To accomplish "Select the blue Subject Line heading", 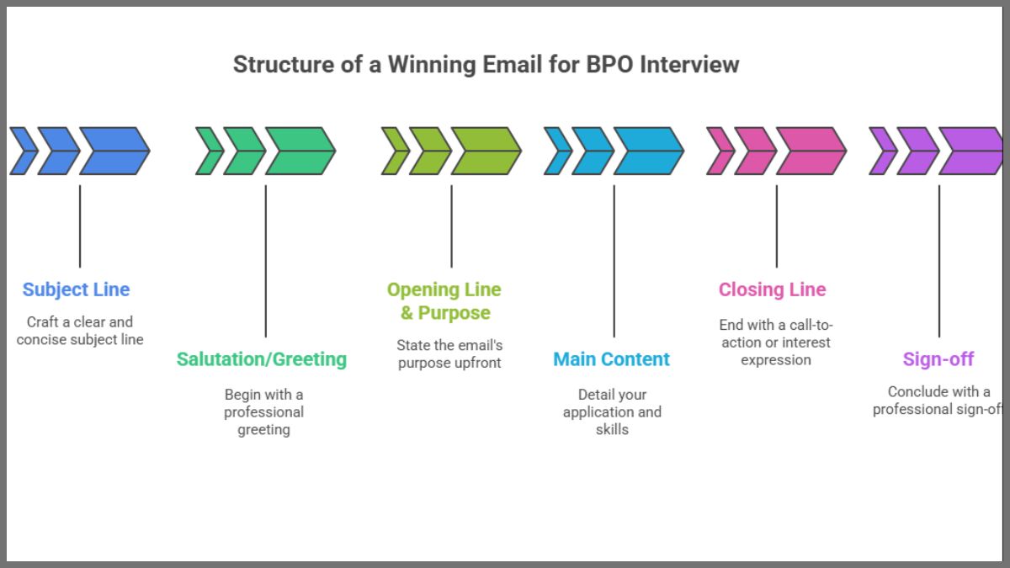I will (77, 289).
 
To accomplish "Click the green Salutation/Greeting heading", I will (262, 359).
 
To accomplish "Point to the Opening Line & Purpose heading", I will (444, 301).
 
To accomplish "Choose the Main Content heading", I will (612, 359).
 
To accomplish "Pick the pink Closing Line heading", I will (773, 289).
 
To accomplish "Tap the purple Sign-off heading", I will (938, 359).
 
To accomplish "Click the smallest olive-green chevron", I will (392, 151).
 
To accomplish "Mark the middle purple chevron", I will (916, 151).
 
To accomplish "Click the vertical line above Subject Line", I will (80, 226).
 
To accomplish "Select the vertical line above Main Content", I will (614, 261).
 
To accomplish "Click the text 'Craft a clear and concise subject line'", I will (80, 331).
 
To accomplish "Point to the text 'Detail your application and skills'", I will (612, 411).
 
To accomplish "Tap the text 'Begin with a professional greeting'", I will (263, 411).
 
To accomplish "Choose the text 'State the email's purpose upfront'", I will (449, 354).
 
